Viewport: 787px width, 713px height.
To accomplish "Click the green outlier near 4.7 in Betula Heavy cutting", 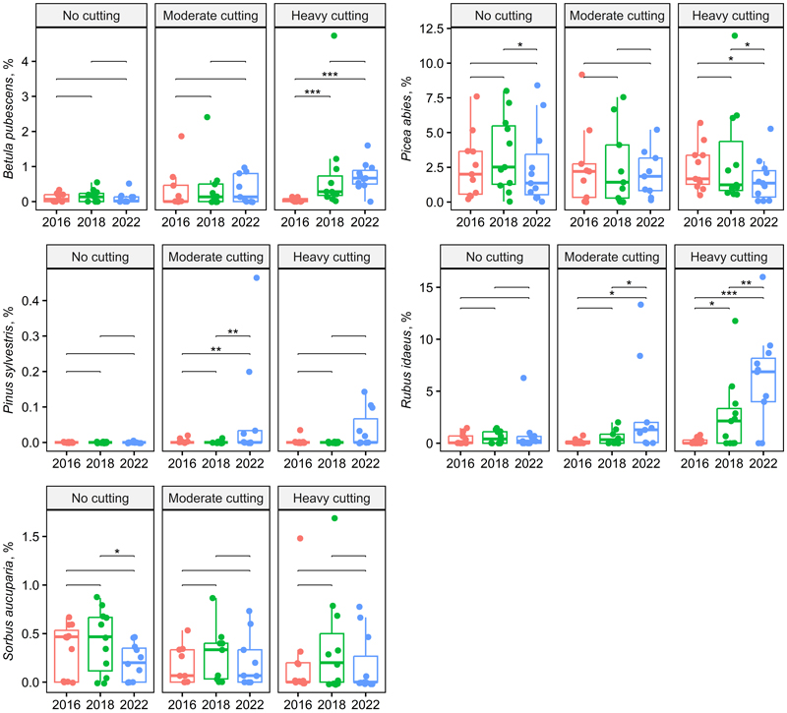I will [x=334, y=36].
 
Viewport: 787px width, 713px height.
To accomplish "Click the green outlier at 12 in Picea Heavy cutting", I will [x=734, y=36].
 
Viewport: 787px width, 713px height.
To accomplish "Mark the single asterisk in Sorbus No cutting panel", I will [x=117, y=553].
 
